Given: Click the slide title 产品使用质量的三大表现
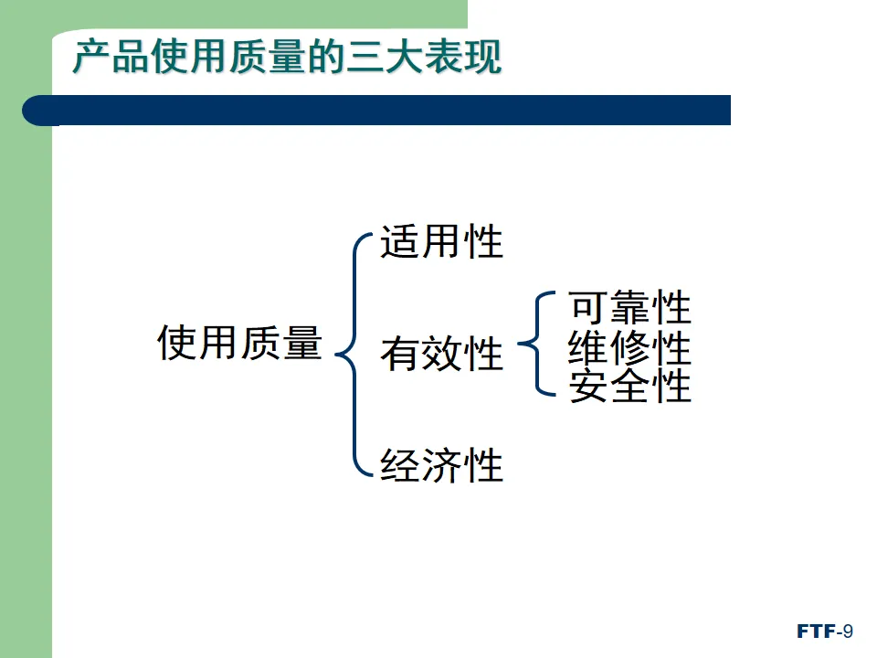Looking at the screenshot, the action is point(287,57).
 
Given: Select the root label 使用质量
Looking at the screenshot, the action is point(240,343).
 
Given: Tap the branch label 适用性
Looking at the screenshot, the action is point(441,243).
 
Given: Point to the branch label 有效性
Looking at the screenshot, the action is point(441,355).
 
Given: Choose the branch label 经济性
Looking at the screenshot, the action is point(441,465).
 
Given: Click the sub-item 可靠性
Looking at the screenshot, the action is point(629,308).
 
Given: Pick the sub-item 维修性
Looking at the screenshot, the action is point(629,348).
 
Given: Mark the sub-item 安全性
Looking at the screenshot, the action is point(629,387).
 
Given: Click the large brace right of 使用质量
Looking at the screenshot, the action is point(353,355).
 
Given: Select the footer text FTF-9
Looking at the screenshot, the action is point(824,631).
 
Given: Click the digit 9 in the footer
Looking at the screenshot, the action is point(848,631).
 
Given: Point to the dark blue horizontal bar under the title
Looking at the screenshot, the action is point(384,110).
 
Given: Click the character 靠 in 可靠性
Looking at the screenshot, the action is point(629,308).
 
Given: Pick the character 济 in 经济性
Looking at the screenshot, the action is point(441,465).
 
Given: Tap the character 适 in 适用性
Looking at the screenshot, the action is point(399,243).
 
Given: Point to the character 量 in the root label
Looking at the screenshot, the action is point(302,343).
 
